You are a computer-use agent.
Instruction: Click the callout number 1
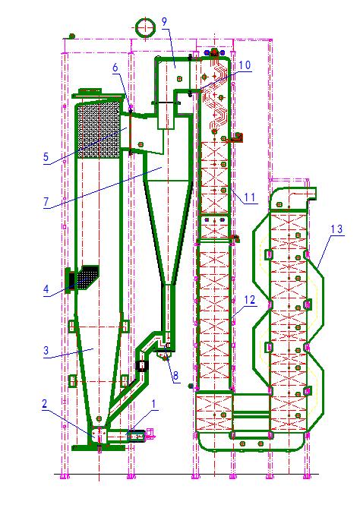(153, 404)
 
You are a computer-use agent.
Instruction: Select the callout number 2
(45, 404)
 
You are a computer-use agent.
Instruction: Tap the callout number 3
(46, 351)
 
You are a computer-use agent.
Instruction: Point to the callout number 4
(46, 289)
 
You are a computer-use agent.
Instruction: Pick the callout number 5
(46, 156)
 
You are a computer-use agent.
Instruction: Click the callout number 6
(115, 68)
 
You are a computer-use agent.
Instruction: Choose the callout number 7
(46, 202)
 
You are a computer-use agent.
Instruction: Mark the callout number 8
(175, 376)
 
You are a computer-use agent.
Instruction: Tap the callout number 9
(164, 21)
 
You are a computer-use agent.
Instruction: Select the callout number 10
(245, 65)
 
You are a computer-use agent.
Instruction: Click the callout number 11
(250, 197)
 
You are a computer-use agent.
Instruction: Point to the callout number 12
(250, 300)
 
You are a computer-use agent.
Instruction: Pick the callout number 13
(336, 229)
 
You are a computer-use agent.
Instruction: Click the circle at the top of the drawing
(145, 19)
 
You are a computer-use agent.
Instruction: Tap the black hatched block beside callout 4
(84, 277)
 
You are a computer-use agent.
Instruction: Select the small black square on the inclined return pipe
(142, 366)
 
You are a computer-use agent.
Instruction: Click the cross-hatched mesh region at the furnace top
(99, 129)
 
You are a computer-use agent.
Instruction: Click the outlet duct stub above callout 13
(311, 193)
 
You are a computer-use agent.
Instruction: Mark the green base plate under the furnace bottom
(98, 448)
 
